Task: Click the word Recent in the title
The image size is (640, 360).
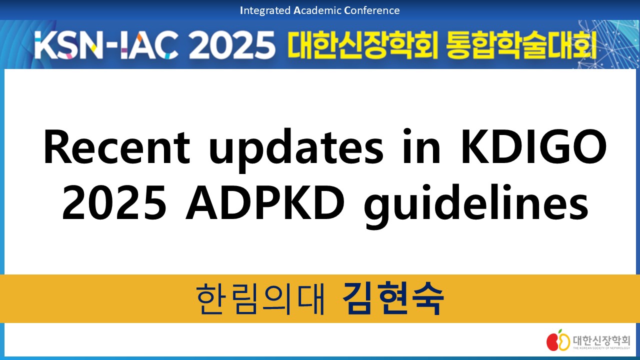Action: point(116,147)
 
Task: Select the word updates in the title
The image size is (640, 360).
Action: point(296,150)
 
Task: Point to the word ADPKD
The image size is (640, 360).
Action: point(265,202)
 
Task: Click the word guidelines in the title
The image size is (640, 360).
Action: point(476,205)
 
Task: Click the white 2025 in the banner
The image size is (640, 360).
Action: point(231,45)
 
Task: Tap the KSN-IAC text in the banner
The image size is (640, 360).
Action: point(106,45)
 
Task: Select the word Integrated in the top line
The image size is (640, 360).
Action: point(265,11)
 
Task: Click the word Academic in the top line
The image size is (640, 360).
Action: point(317,10)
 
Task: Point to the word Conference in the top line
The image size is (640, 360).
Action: point(372,10)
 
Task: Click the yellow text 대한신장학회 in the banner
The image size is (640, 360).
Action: point(362,45)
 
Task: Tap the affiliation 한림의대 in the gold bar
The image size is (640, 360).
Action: point(260,299)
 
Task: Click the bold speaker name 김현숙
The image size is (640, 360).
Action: point(393,298)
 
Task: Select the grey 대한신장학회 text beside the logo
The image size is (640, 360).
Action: point(601,340)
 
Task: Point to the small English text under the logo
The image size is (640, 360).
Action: point(601,348)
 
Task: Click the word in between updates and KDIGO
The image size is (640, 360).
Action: point(421,147)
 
